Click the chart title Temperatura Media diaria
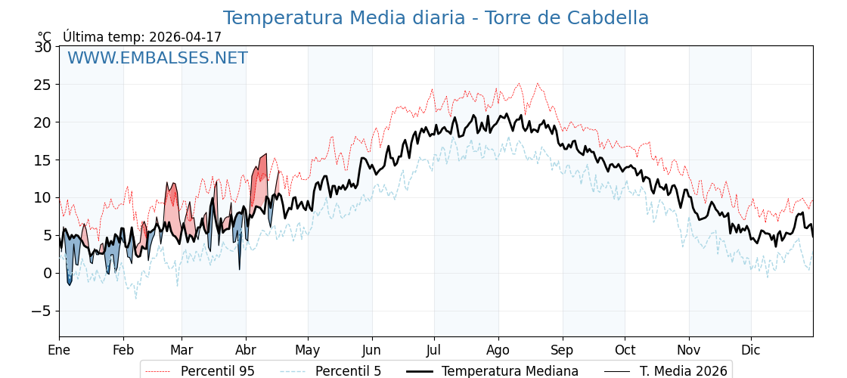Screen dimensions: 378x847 436,18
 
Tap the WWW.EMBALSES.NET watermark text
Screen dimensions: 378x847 157,58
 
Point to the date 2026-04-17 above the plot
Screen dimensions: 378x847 185,37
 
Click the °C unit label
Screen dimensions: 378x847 45,37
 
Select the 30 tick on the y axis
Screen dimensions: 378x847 43,47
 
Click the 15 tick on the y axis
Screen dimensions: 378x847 43,160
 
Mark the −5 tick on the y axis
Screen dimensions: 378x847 39,311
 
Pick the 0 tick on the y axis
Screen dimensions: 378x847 47,273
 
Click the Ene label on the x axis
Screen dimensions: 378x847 59,350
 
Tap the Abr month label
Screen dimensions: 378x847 246,350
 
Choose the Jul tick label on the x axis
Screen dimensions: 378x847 434,350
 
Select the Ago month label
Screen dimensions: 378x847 498,350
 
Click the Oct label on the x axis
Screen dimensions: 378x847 625,350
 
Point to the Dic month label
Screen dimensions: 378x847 751,350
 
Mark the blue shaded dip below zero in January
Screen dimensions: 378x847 70,272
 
